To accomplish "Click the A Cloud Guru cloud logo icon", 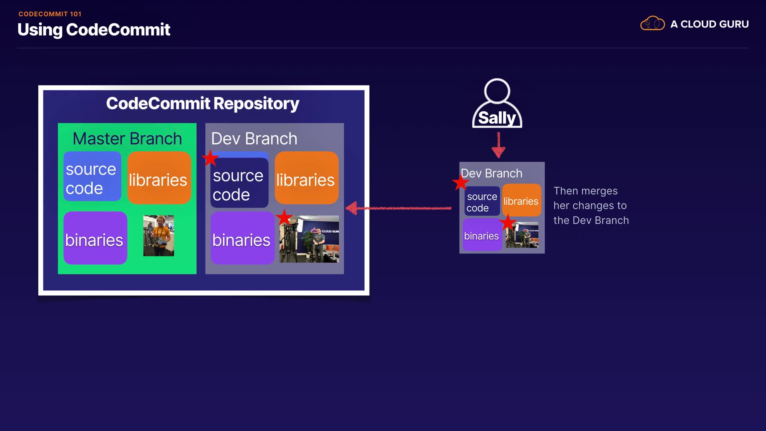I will click(652, 24).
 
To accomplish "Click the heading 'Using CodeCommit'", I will click(94, 30).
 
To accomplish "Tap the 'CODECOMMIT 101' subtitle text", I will click(50, 14).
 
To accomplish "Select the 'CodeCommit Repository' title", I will click(203, 103).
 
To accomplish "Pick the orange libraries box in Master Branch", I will click(159, 178).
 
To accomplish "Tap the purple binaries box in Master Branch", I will click(95, 238).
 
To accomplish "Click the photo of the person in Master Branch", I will click(158, 235).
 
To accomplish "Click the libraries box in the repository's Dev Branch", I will click(306, 178).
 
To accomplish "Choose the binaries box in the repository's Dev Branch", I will click(242, 238).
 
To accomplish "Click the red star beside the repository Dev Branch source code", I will click(210, 158).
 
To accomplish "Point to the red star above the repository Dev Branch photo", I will click(284, 217).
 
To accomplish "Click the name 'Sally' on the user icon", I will click(497, 118).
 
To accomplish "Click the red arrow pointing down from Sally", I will click(498, 145).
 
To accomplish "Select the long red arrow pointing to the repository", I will click(399, 208).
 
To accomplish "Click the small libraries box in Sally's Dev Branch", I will click(521, 200).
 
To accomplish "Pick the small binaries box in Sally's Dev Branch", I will click(482, 235).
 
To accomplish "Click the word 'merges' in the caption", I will click(599, 191).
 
